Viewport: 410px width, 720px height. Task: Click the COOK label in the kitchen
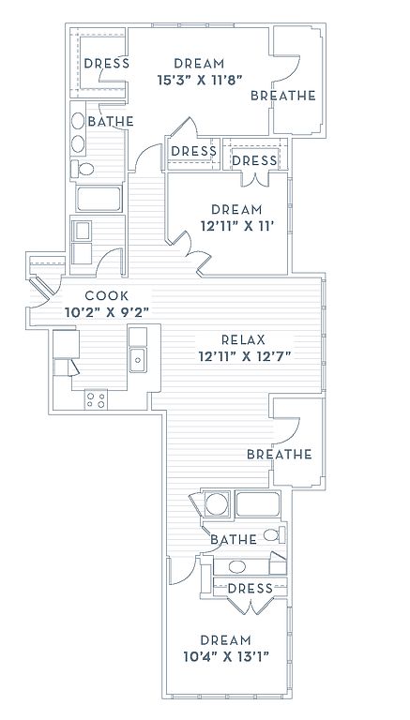[107, 296]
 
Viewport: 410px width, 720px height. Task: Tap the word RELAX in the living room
[244, 339]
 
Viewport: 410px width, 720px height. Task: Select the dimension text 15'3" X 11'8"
[200, 81]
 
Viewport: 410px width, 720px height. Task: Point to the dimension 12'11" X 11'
[237, 226]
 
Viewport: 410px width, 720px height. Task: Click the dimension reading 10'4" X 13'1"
[226, 656]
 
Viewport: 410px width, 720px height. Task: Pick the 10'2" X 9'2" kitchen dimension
[107, 313]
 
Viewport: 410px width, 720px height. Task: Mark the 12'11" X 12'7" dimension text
[246, 356]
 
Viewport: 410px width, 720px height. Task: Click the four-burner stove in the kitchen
[96, 399]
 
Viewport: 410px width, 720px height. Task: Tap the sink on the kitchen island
[137, 360]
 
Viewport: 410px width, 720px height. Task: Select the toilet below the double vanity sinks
[83, 169]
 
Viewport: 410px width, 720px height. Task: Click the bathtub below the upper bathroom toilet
[99, 199]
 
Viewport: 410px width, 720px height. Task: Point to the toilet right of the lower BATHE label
[274, 534]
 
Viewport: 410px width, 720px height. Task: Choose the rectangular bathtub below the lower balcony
[257, 504]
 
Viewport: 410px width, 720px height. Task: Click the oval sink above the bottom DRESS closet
[237, 566]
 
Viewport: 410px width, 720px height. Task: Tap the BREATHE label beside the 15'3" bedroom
[283, 96]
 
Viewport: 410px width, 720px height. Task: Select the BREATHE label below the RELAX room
[280, 454]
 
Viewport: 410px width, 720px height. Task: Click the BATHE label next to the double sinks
[111, 122]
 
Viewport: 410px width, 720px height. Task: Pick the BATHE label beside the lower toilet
[234, 540]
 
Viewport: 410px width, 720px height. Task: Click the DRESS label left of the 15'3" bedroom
[107, 64]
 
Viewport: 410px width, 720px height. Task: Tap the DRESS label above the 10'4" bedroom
[251, 588]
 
